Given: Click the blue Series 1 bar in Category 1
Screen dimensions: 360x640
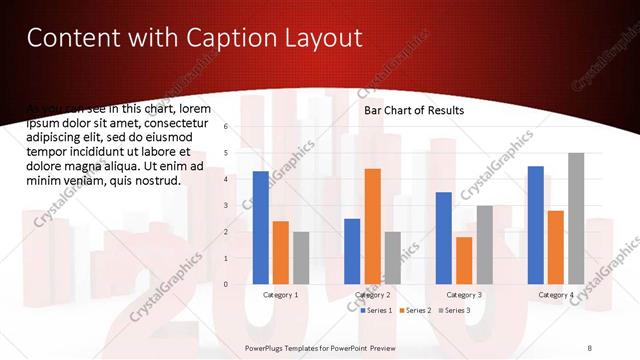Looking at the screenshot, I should pyautogui.click(x=260, y=228).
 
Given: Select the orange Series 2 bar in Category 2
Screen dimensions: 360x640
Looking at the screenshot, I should pyautogui.click(x=372, y=226).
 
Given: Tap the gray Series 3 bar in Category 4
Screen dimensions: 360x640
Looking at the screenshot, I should pyautogui.click(x=576, y=218).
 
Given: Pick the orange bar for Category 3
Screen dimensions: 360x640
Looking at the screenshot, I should pyautogui.click(x=464, y=260).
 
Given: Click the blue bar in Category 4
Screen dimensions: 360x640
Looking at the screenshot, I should pyautogui.click(x=535, y=225).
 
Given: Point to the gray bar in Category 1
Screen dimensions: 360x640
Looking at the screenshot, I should pyautogui.click(x=301, y=258).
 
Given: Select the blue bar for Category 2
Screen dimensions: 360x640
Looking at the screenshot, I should pyautogui.click(x=352, y=251).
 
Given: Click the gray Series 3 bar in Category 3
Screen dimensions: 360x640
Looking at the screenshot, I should pyautogui.click(x=484, y=245).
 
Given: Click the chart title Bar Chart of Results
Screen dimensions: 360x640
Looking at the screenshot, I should pyautogui.click(x=413, y=111).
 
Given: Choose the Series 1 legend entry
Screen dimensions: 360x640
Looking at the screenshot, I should pyautogui.click(x=377, y=311).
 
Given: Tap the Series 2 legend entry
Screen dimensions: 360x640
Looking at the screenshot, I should pyautogui.click(x=415, y=311).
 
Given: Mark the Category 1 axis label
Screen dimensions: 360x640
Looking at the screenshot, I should pyautogui.click(x=280, y=295).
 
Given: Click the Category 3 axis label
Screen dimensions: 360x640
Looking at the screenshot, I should pyautogui.click(x=464, y=295).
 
